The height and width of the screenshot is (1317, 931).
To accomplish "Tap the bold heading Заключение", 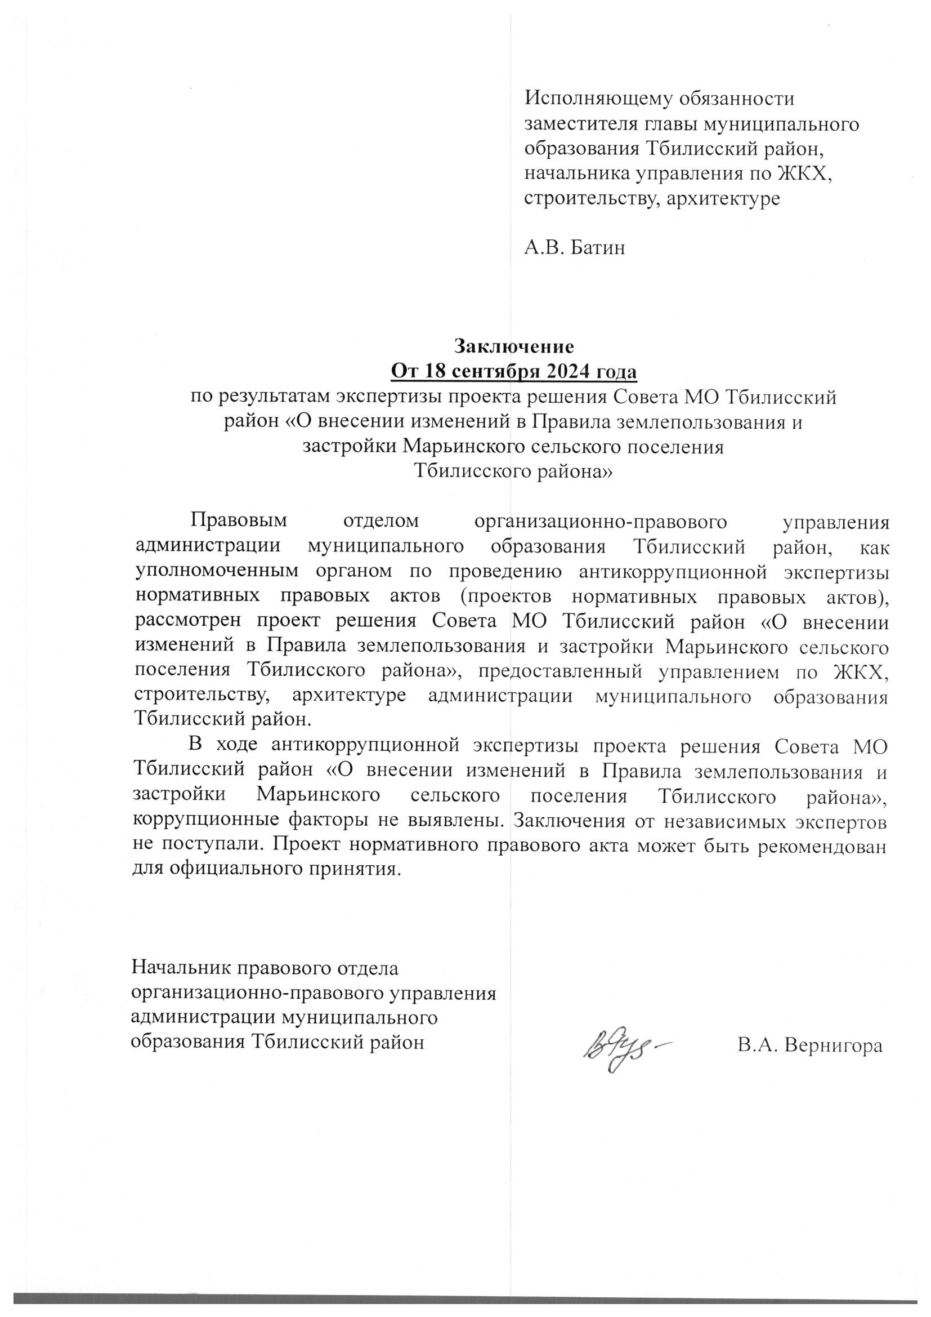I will (514, 346).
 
